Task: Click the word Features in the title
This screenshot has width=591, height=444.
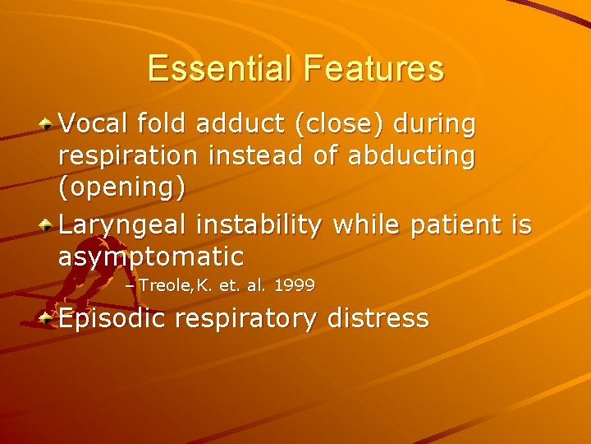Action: click(x=373, y=68)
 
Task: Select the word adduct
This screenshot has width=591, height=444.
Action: click(x=241, y=124)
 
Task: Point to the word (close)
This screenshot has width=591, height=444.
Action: click(x=341, y=125)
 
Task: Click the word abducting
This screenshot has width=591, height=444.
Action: click(x=411, y=156)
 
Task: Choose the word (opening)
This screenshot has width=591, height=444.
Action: click(x=121, y=188)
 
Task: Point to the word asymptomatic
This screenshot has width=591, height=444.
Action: click(x=151, y=257)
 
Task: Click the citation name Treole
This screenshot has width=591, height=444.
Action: click(x=164, y=285)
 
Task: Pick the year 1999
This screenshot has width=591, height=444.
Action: click(x=295, y=285)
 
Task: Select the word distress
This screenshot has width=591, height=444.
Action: click(x=378, y=318)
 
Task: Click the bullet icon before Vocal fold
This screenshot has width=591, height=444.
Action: click(x=47, y=124)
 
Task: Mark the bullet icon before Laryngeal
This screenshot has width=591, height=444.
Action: click(x=47, y=224)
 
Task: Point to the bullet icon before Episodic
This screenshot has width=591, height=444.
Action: click(x=47, y=317)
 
